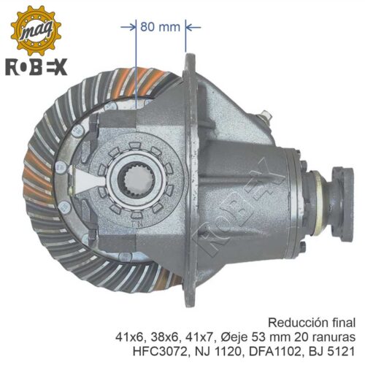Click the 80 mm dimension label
160,27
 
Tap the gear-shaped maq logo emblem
36,31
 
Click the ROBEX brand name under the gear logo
36,66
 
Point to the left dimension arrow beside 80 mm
128,27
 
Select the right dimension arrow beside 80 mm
193,27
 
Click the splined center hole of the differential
137,180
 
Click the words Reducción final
312,323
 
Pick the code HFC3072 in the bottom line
160,352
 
